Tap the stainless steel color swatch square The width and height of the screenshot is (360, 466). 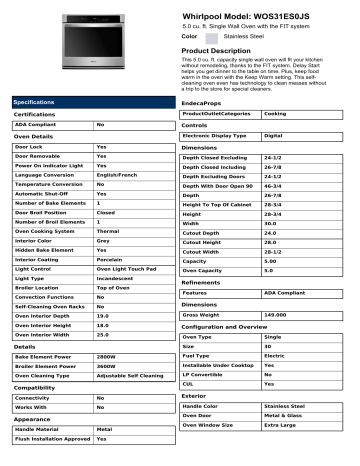211,35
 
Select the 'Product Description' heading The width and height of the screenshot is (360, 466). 225,49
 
